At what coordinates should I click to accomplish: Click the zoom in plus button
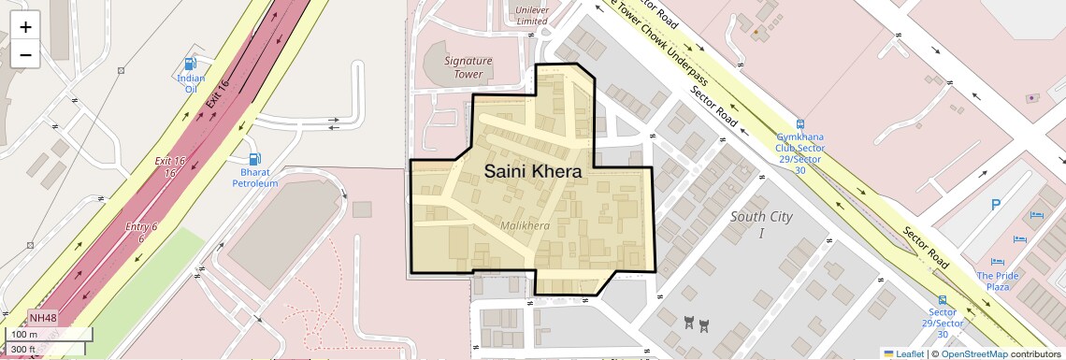click(25, 27)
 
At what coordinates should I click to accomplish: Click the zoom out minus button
click(25, 54)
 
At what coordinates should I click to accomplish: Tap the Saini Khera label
click(532, 172)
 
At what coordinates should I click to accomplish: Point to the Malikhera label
click(525, 226)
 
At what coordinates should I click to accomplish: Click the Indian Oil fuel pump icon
click(191, 65)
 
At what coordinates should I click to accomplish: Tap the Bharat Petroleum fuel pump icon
click(255, 159)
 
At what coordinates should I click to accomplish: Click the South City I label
click(760, 224)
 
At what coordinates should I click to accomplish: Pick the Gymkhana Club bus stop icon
click(799, 123)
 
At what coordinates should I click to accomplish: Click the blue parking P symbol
click(996, 205)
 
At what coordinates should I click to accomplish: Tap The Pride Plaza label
click(998, 281)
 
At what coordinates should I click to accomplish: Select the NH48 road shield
click(43, 318)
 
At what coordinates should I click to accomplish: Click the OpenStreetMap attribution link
click(973, 353)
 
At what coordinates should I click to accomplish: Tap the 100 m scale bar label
click(24, 335)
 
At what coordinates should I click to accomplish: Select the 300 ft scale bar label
click(23, 349)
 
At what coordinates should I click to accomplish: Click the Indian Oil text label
click(191, 84)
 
